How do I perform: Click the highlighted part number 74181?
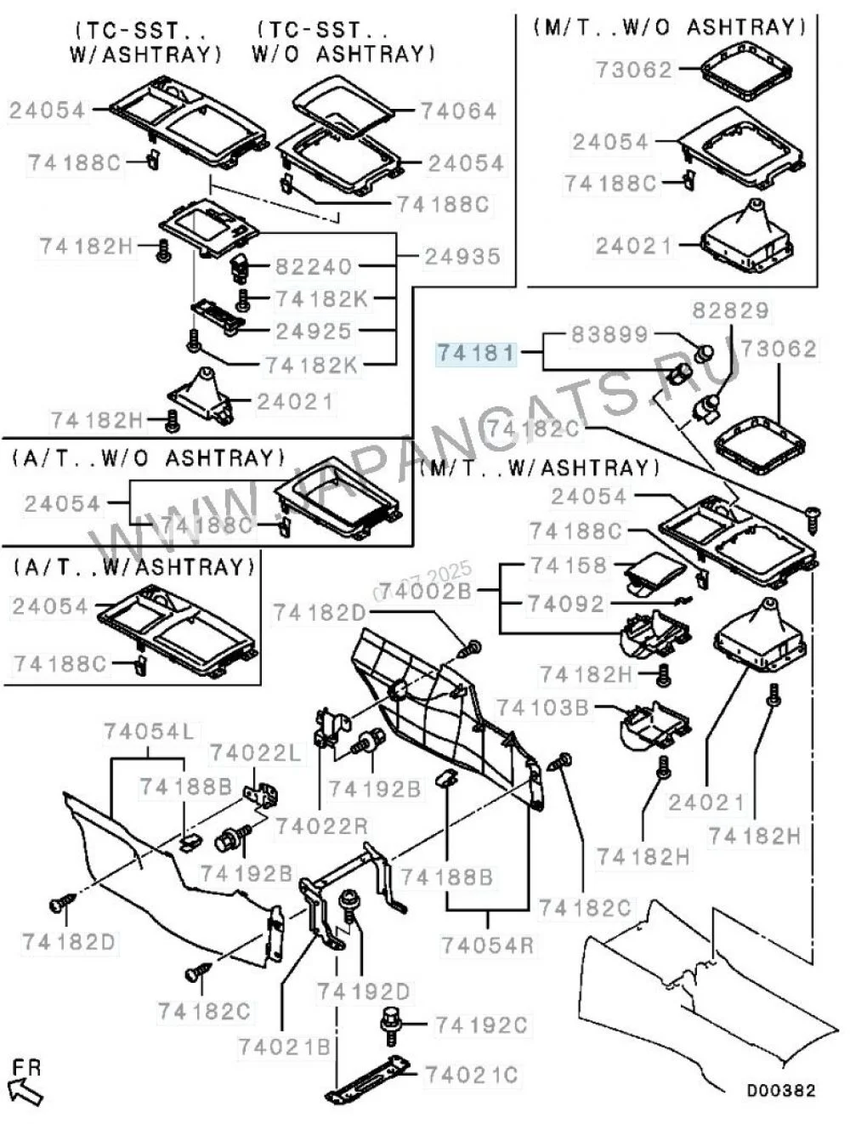(476, 352)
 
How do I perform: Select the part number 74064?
(459, 111)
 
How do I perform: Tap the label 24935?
(462, 256)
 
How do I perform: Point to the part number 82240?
(313, 267)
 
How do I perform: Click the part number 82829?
(729, 310)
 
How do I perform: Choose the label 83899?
(609, 334)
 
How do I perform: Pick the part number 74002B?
(425, 590)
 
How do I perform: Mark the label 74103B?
(542, 707)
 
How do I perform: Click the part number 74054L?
(149, 731)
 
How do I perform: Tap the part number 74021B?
(284, 1047)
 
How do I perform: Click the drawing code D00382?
(781, 1090)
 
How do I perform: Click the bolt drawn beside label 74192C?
(392, 1025)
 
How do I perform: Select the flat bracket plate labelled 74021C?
(371, 1078)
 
